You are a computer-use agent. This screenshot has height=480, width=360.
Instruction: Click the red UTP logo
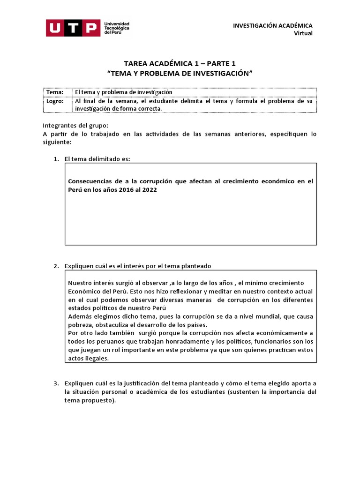tap(73, 28)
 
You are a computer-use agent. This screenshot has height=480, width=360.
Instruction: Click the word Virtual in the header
tap(303, 33)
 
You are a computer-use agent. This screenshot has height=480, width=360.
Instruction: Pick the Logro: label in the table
tap(54, 101)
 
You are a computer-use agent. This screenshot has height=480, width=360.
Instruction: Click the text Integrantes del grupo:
tap(75, 125)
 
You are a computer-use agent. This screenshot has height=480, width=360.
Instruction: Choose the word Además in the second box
tap(80, 316)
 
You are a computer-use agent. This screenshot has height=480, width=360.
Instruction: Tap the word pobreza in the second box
tap(81, 325)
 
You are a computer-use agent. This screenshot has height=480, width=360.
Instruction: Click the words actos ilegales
tap(88, 359)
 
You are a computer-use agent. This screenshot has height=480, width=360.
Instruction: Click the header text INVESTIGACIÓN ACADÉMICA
tap(273, 25)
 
